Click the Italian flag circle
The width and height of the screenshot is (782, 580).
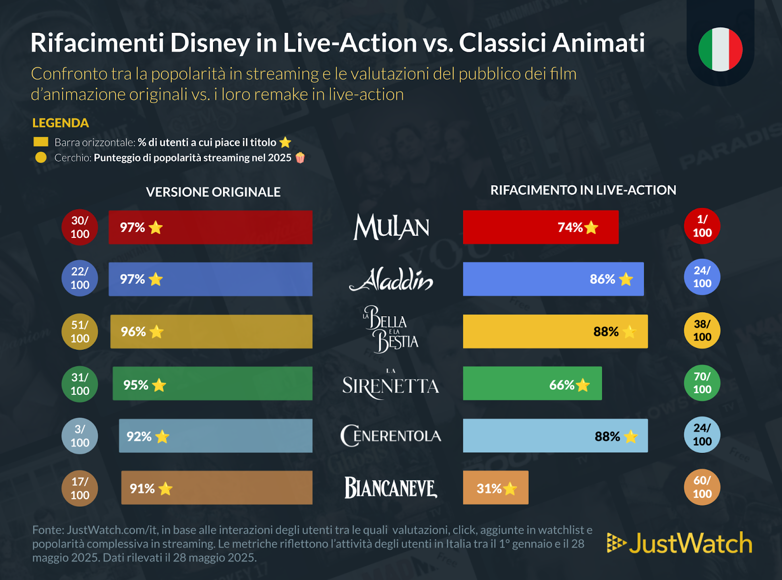[x=720, y=49]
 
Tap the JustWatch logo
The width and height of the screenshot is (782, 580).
[x=679, y=543]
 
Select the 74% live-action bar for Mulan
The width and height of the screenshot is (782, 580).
[x=540, y=227]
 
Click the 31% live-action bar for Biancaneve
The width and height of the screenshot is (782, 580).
[x=495, y=488]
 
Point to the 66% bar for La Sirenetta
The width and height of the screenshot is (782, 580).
[x=532, y=384]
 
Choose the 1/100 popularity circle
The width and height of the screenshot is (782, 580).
[x=702, y=226]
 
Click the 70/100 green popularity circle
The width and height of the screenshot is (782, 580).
[x=702, y=383]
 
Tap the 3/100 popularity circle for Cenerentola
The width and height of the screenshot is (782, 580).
[x=80, y=436]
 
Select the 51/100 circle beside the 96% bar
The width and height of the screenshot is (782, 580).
[x=80, y=331]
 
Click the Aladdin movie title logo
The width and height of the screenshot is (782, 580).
[x=391, y=279]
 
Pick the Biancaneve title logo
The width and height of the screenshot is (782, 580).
[x=391, y=488]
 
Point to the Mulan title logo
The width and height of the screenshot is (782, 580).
[x=391, y=227]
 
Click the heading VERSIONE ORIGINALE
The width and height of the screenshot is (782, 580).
[x=213, y=192]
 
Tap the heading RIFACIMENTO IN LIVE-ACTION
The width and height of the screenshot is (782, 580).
[x=583, y=190]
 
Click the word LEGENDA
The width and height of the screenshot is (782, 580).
[x=61, y=123]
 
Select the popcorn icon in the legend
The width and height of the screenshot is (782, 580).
[x=300, y=157]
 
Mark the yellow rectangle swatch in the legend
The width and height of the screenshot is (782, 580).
[x=41, y=142]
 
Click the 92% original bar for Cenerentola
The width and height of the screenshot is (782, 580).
[x=215, y=436]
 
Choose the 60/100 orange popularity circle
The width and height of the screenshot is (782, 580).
[x=702, y=487]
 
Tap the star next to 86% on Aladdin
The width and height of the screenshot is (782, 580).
[x=626, y=279]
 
